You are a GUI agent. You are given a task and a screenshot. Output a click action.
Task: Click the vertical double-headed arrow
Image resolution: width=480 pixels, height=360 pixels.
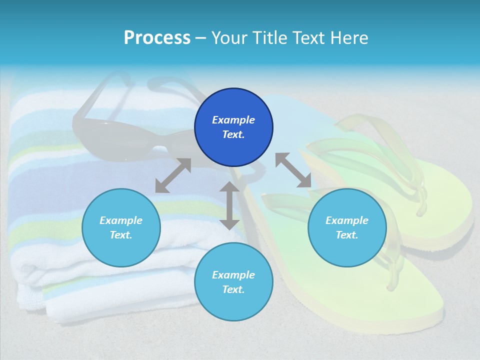(229, 205)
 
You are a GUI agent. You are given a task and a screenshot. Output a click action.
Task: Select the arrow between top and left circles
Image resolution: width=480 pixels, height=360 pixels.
(173, 175)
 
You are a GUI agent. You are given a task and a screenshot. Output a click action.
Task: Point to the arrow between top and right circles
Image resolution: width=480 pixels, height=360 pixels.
(293, 170)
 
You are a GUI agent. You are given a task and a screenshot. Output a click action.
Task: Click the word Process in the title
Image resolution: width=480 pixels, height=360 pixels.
(157, 37)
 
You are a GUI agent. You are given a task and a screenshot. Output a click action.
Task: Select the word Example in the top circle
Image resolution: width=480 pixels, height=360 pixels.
(233, 120)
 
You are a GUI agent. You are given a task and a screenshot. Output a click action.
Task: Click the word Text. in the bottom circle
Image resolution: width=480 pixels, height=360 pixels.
(233, 289)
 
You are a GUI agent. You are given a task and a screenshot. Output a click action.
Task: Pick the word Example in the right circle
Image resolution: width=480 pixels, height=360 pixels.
(347, 220)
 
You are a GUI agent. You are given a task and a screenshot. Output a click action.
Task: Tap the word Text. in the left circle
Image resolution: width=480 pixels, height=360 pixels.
(121, 235)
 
